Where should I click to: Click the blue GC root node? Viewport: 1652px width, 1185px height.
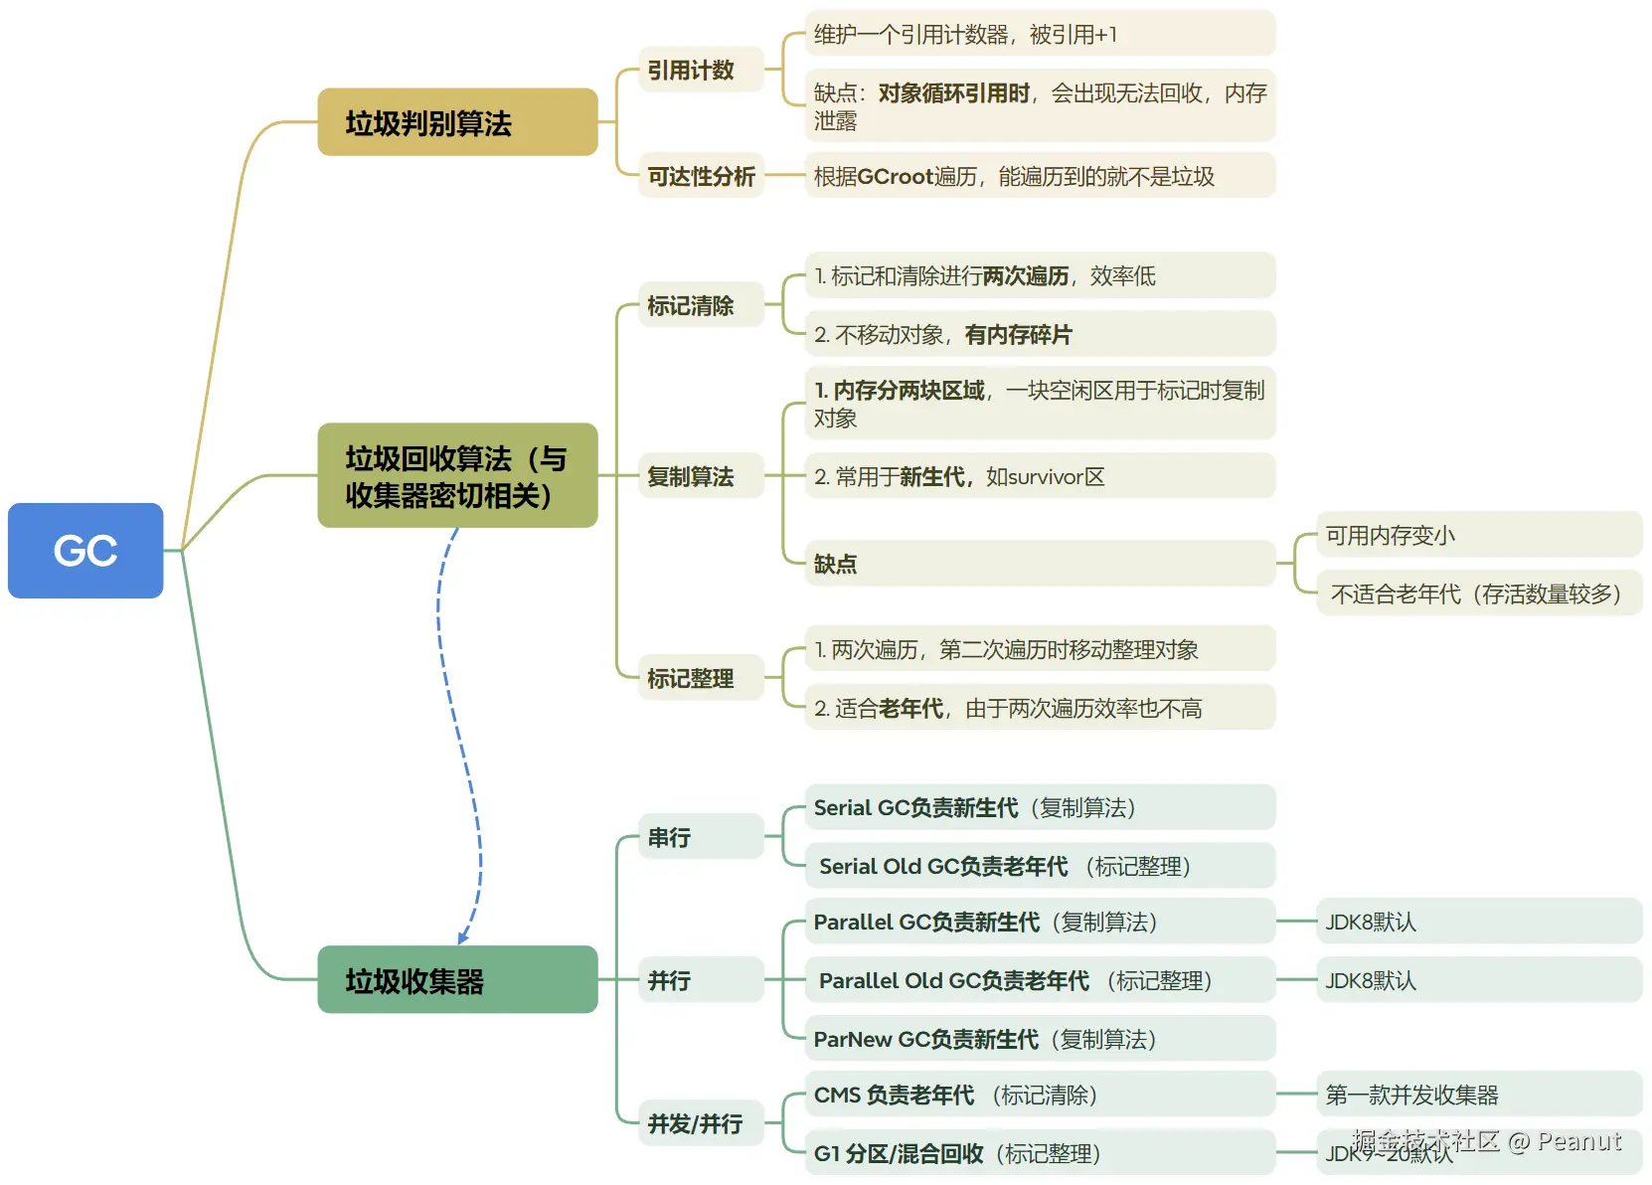(85, 550)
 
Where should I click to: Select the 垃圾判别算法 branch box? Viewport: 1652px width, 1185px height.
(457, 122)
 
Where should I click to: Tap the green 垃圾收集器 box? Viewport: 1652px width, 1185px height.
(457, 979)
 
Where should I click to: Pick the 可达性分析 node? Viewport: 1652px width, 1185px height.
(701, 176)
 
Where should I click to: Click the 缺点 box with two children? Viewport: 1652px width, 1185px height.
(1039, 564)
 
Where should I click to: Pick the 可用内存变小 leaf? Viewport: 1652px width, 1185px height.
(1478, 535)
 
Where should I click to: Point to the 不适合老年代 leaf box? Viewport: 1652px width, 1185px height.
(1478, 593)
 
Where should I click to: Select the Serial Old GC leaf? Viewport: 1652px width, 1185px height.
(1039, 866)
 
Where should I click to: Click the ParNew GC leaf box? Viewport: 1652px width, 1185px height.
(1039, 1039)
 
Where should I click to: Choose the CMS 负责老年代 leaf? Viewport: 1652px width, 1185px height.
(1039, 1095)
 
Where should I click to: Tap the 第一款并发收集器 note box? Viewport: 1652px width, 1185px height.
(1478, 1095)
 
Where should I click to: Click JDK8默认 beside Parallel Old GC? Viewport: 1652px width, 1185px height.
(1478, 980)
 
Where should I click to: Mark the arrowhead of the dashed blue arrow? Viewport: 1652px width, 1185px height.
(462, 938)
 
